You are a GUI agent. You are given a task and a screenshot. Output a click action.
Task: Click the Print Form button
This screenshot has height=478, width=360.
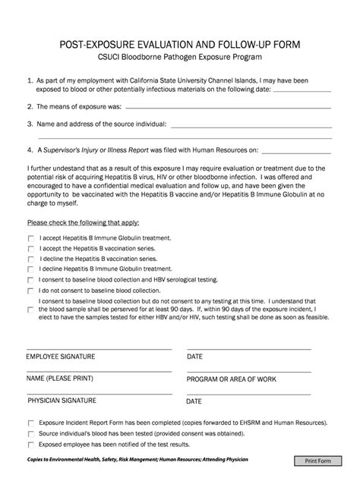321,461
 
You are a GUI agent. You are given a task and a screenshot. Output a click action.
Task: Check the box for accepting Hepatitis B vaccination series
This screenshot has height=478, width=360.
31,248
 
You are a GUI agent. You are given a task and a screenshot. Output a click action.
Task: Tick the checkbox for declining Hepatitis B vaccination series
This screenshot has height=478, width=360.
31,259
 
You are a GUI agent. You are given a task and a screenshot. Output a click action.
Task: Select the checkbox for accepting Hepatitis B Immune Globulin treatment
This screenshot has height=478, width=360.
31,237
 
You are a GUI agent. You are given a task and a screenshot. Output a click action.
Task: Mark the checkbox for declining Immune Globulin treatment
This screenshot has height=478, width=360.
31,269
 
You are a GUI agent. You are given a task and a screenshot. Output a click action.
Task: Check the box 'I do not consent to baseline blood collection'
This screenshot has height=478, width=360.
31,291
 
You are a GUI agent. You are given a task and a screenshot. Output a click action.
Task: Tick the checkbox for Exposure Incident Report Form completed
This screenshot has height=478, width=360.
31,423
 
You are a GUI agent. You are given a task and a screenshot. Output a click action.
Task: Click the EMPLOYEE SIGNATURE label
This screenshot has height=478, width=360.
62,356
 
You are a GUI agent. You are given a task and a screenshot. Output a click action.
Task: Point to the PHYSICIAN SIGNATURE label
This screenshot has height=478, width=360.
62,400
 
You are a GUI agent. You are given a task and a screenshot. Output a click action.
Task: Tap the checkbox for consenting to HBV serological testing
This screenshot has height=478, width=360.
31,280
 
